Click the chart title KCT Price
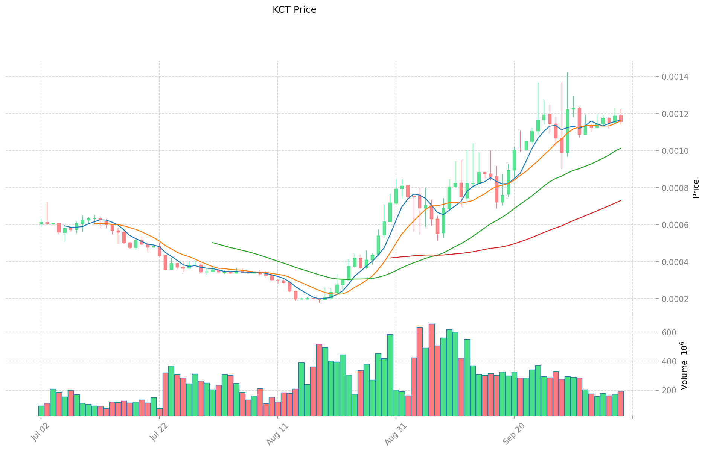[x=294, y=10]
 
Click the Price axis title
[x=696, y=189]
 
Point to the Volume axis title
[x=684, y=366]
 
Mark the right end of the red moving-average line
[x=621, y=200]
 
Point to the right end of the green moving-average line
[x=621, y=148]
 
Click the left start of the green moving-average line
[x=213, y=243]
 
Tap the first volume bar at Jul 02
[x=41, y=411]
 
